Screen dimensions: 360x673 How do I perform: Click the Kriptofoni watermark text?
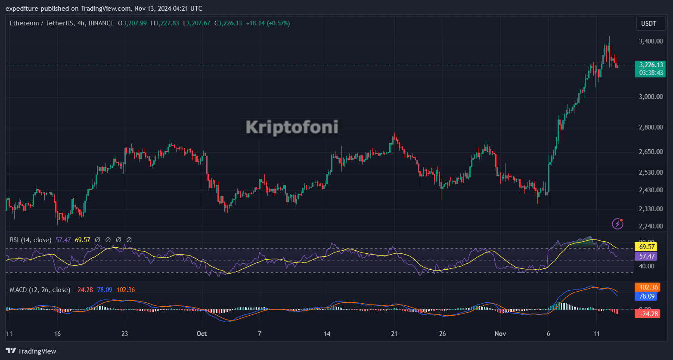pyautogui.click(x=292, y=127)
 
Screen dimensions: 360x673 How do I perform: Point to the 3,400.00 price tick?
pyautogui.click(x=651, y=41)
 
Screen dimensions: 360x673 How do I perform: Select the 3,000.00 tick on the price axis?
pyautogui.click(x=651, y=96)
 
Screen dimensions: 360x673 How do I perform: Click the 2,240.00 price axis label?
pyautogui.click(x=651, y=226)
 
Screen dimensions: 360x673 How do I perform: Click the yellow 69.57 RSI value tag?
pyautogui.click(x=647, y=247)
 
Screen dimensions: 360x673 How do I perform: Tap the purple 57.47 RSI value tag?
pyautogui.click(x=647, y=256)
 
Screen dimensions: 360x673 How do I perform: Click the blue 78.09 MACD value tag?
pyautogui.click(x=647, y=296)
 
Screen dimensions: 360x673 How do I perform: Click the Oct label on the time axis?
pyautogui.click(x=202, y=334)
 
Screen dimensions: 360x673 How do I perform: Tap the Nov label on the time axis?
pyautogui.click(x=500, y=334)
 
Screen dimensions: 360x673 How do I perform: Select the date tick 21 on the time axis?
pyautogui.click(x=394, y=334)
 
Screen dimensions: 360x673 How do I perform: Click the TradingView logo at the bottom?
pyautogui.click(x=31, y=351)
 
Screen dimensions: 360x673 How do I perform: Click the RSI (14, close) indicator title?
pyautogui.click(x=31, y=240)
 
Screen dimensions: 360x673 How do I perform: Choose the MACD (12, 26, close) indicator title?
pyautogui.click(x=40, y=290)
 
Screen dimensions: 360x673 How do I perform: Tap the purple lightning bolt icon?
pyautogui.click(x=618, y=223)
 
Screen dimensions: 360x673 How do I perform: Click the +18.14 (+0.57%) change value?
pyautogui.click(x=268, y=23)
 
